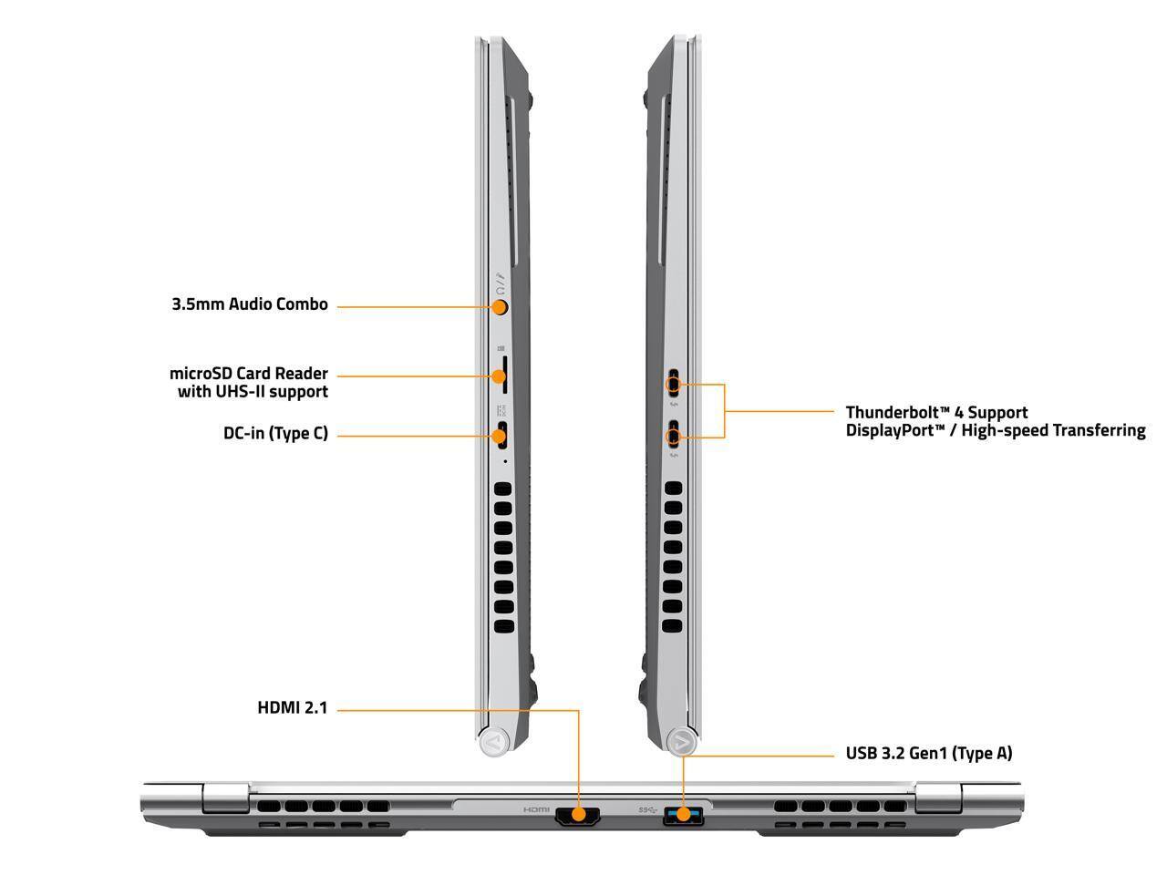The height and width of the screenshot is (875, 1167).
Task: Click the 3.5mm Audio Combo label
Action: [249, 304]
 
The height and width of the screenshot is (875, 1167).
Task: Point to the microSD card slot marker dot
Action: [498, 376]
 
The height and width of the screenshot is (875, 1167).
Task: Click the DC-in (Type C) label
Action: [275, 434]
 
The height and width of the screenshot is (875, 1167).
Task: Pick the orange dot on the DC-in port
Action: [498, 437]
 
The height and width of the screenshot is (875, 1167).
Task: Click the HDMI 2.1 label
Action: [292, 707]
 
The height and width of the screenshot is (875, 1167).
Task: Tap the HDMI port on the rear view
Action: [578, 815]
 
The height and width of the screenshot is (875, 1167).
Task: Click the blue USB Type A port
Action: [683, 815]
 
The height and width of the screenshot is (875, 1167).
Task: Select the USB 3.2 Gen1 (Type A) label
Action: [929, 754]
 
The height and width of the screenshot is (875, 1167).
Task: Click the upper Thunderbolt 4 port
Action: [674, 383]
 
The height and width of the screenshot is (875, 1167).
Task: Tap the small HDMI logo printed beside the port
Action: [536, 809]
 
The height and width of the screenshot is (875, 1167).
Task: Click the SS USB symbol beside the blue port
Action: [647, 809]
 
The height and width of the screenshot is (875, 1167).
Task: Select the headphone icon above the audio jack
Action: [500, 290]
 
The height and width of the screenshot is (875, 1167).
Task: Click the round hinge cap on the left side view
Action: [494, 741]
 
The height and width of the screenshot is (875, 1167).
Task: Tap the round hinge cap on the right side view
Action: [682, 741]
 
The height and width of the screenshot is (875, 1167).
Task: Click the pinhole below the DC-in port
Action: [504, 461]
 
